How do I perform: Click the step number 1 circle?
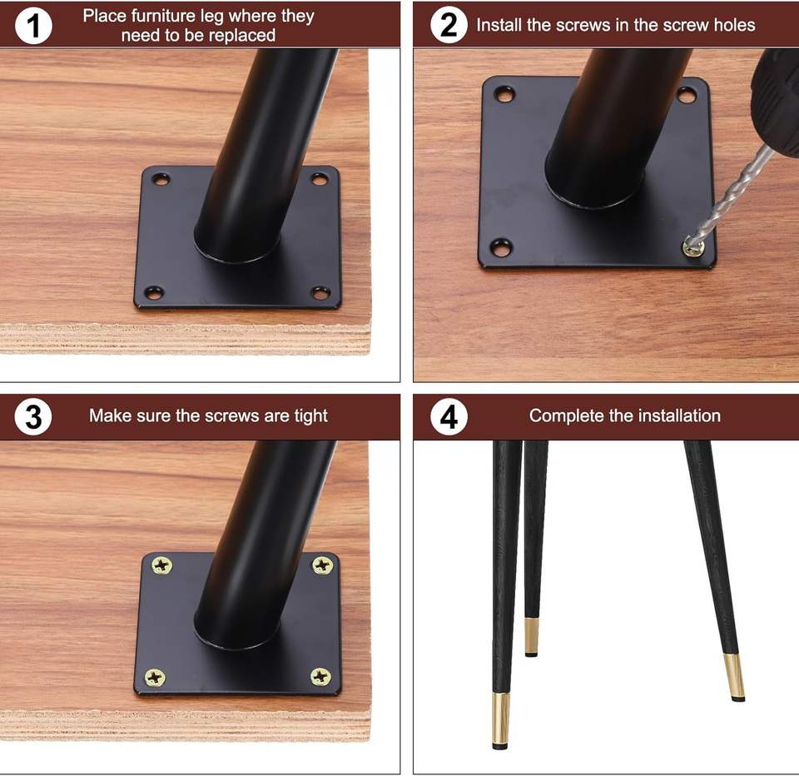(33, 26)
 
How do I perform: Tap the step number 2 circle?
(449, 25)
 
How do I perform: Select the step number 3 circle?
(33, 416)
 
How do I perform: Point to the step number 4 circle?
(449, 416)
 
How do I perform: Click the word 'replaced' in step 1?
(242, 36)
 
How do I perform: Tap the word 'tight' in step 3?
(310, 416)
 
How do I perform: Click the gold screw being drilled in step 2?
(693, 248)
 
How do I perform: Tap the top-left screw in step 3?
(162, 565)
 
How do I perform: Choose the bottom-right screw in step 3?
(320, 676)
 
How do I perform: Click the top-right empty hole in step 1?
(320, 180)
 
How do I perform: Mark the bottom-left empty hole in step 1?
(154, 292)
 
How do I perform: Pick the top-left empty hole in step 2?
(504, 94)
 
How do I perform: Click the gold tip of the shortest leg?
(532, 637)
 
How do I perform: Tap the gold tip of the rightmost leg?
(734, 677)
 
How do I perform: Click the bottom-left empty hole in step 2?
(501, 248)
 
